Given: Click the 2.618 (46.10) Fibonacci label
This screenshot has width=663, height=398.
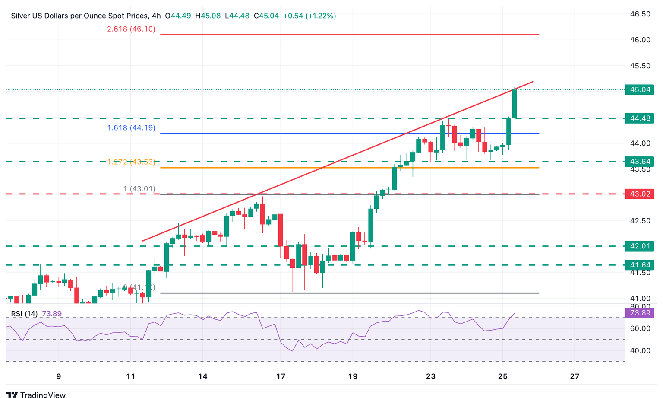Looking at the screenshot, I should click(x=131, y=29).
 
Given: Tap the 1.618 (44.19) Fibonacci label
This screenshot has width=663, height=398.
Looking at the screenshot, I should click(x=131, y=128).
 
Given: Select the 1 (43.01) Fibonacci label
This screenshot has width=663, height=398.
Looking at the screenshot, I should click(x=139, y=189).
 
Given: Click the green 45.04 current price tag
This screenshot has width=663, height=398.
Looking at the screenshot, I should click(x=639, y=90).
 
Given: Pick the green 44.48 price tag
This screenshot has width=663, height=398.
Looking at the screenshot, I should click(x=639, y=118).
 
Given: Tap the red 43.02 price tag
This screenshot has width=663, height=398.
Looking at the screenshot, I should click(x=639, y=194).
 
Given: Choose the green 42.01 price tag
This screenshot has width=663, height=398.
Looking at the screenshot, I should click(x=639, y=246).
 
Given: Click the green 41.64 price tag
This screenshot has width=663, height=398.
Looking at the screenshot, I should click(x=639, y=265).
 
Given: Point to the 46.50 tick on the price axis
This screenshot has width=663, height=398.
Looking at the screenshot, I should click(x=640, y=14).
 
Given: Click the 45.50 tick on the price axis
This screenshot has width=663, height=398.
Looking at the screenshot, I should click(x=640, y=66).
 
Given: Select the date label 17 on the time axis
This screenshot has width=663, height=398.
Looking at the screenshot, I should click(x=281, y=376).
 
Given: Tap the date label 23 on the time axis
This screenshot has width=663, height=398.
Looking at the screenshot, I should click(x=430, y=376).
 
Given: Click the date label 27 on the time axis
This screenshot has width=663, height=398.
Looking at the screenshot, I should click(x=575, y=376).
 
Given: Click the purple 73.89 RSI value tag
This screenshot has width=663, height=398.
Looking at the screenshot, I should click(x=639, y=313).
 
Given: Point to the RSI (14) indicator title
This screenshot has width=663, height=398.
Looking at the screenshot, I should click(x=24, y=314).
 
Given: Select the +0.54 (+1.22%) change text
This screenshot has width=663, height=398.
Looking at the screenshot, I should click(x=309, y=16).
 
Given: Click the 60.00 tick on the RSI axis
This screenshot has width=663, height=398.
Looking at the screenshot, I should click(x=640, y=328).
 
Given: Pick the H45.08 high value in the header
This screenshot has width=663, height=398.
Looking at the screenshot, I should click(x=208, y=16).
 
